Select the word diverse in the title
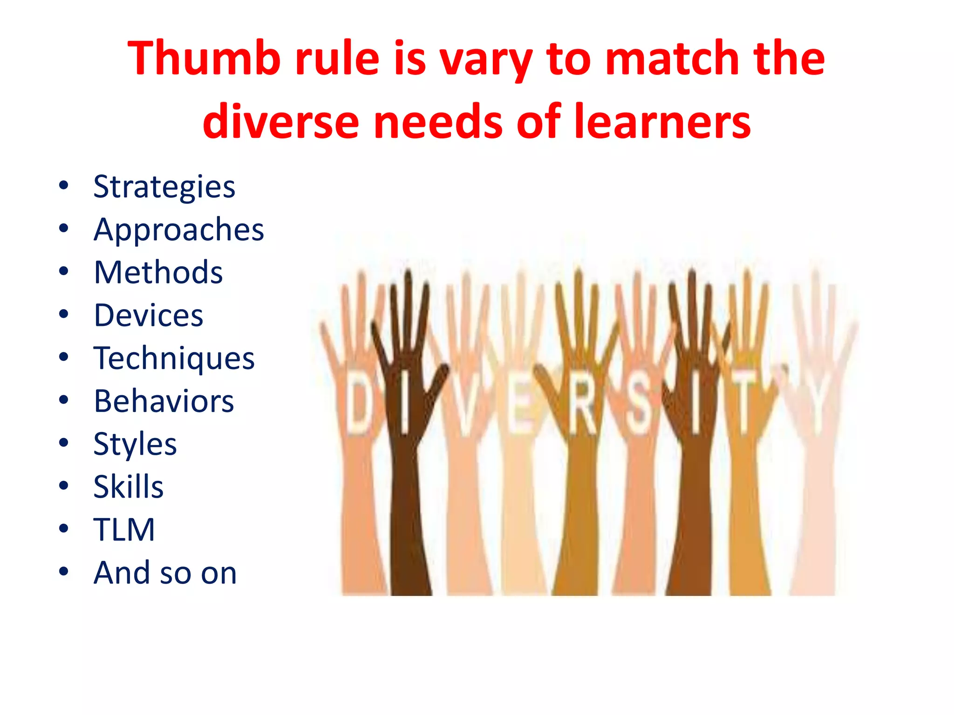[281, 121]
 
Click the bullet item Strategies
[164, 187]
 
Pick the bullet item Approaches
[179, 229]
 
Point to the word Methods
[158, 272]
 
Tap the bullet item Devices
[149, 315]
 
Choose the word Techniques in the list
[174, 358]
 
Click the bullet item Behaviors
[164, 401]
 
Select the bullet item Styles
[135, 444]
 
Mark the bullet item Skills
[129, 487]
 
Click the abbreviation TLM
[124, 530]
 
